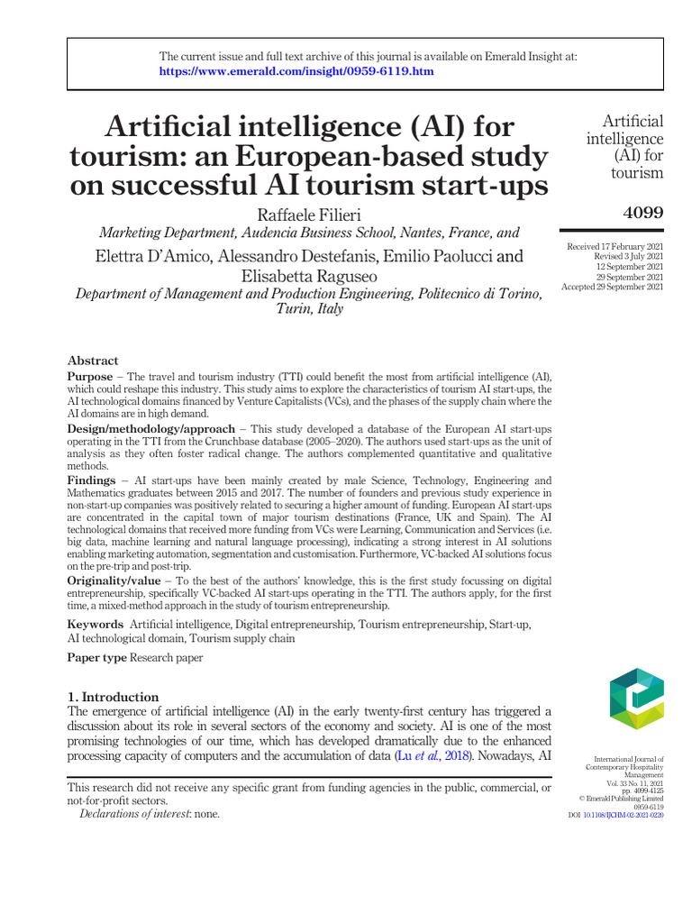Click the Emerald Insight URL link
[x=296, y=71]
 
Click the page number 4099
[x=642, y=213]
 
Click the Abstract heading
[x=93, y=360]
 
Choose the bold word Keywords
[x=96, y=624]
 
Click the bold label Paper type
[x=96, y=658]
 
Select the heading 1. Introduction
[x=114, y=697]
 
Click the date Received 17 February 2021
[x=615, y=247]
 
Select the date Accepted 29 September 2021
[x=613, y=287]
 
